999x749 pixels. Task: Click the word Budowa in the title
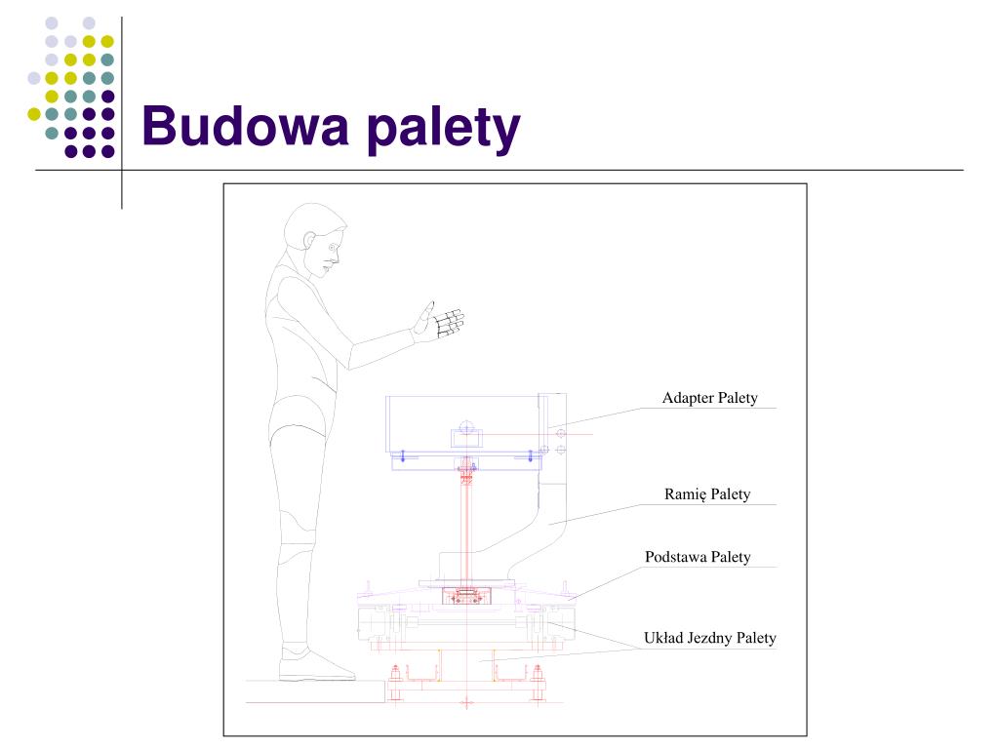246,126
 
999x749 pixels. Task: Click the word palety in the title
444,129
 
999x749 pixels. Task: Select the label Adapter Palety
710,398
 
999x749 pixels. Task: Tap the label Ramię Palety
707,494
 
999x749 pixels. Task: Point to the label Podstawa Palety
698,557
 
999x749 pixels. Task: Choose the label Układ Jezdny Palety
710,638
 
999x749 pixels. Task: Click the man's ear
310,240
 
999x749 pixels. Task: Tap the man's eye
332,247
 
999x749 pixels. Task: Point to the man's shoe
316,663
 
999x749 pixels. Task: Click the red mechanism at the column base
467,596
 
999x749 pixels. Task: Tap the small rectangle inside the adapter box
467,438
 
